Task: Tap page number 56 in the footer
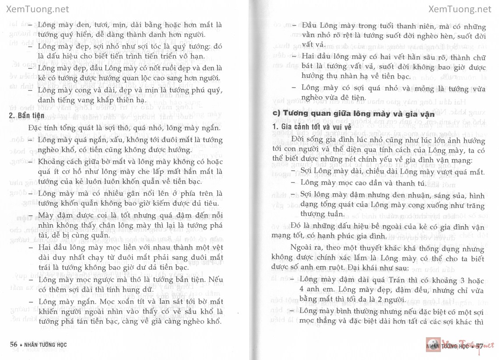pos(14,344)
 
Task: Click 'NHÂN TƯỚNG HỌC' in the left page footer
pos(48,344)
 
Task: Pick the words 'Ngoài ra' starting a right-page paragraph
pos(303,247)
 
